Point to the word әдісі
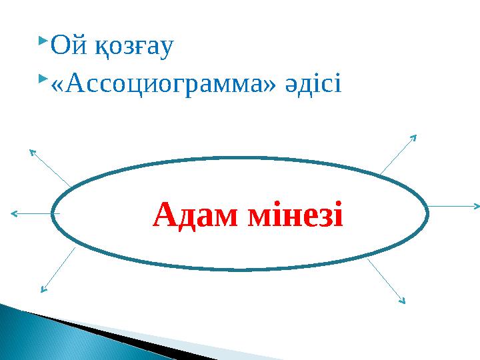click(317, 83)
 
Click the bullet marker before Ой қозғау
click(43, 42)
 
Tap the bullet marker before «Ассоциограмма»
click(43, 79)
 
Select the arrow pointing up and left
click(49, 167)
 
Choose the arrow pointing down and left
click(57, 269)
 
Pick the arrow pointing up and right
click(398, 154)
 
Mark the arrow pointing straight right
click(453, 206)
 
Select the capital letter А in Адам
click(164, 215)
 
